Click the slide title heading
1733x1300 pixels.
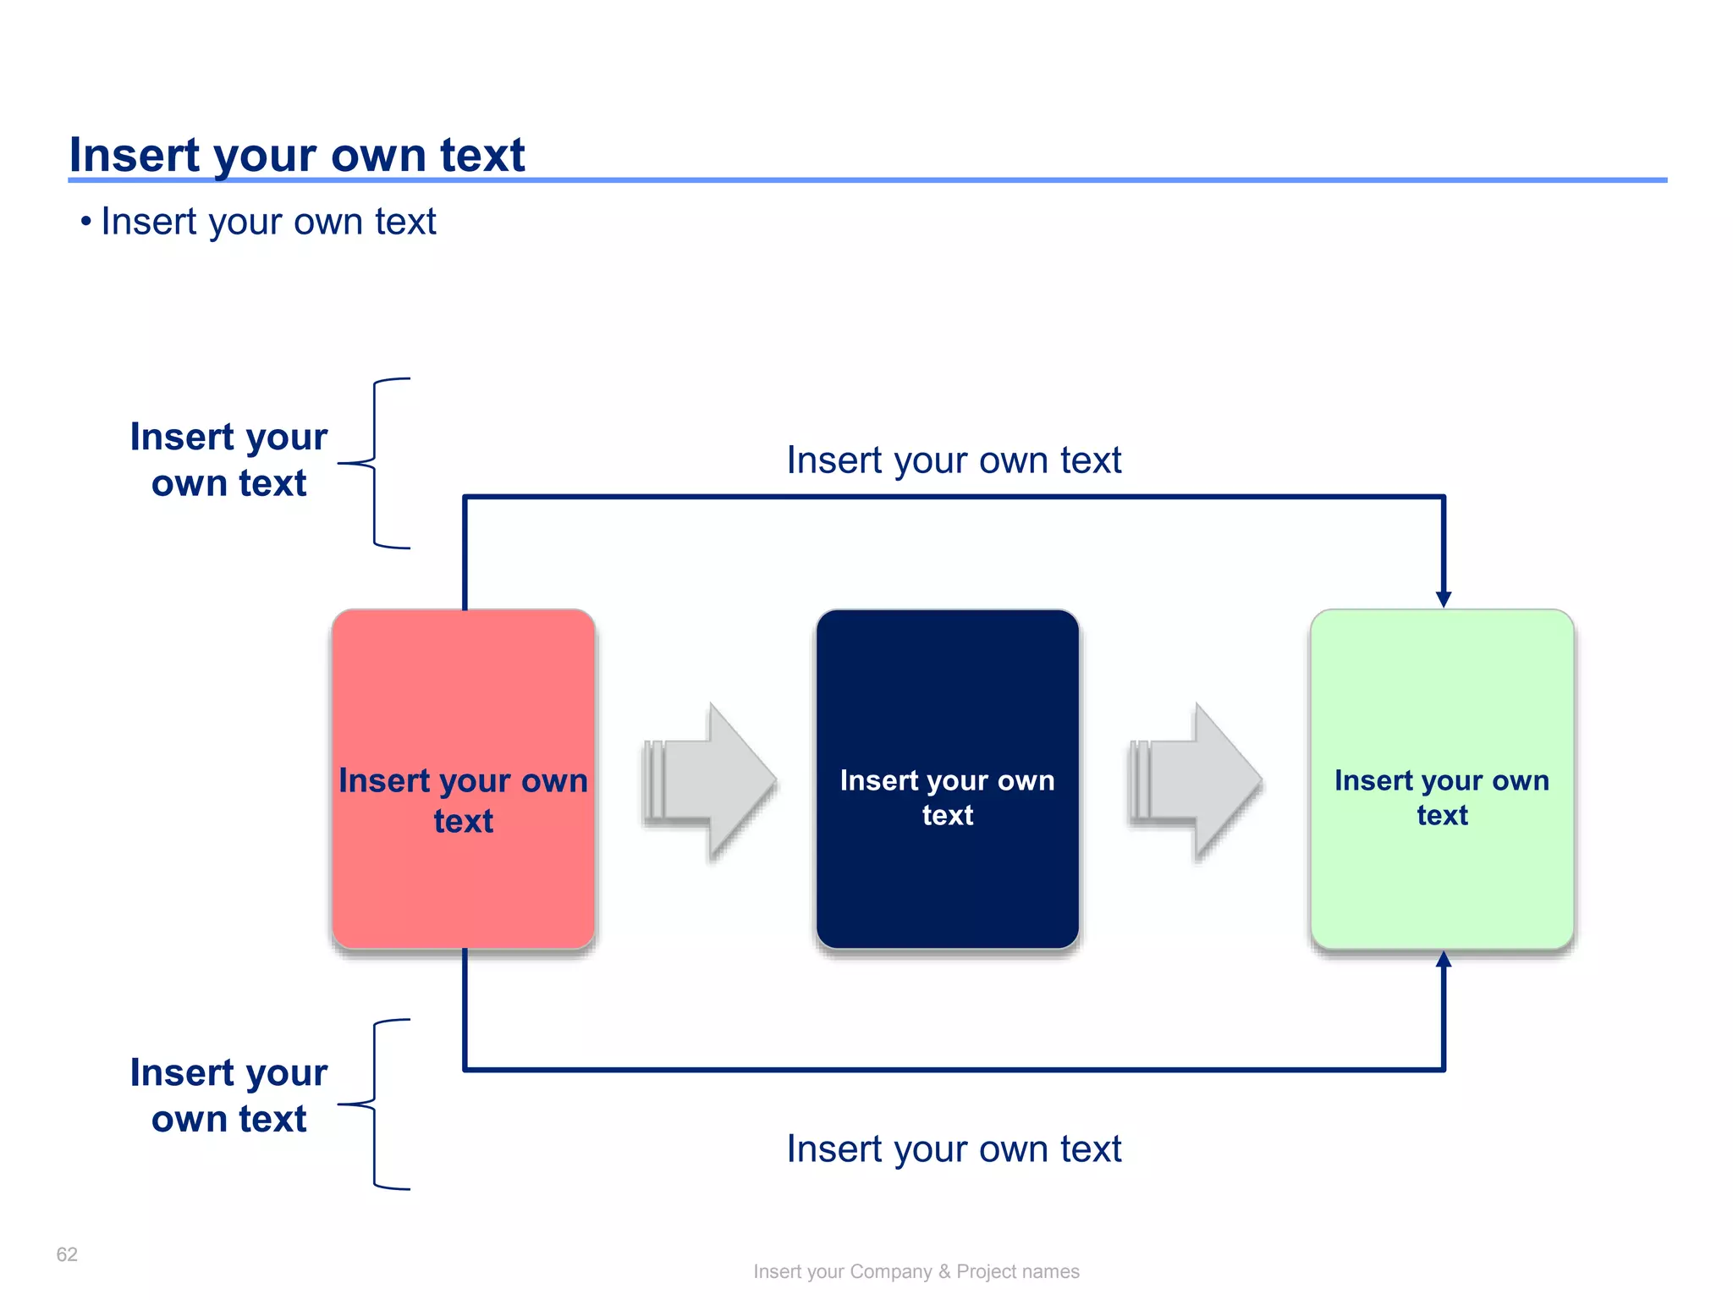click(296, 155)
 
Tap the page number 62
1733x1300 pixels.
click(67, 1254)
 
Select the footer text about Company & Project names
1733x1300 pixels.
click(916, 1271)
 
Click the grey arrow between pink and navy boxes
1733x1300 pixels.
click(711, 780)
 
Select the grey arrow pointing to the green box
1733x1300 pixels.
click(1197, 780)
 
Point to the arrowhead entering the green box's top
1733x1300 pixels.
click(1444, 598)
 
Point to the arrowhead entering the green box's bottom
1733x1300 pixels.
click(1444, 960)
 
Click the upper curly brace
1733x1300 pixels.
click(375, 463)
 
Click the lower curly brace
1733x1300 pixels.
click(375, 1104)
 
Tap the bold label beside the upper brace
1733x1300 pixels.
click(228, 460)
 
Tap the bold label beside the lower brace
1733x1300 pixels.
click(228, 1095)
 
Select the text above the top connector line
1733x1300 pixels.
click(954, 460)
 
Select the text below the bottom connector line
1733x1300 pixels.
click(954, 1149)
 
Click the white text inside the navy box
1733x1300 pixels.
click(947, 797)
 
